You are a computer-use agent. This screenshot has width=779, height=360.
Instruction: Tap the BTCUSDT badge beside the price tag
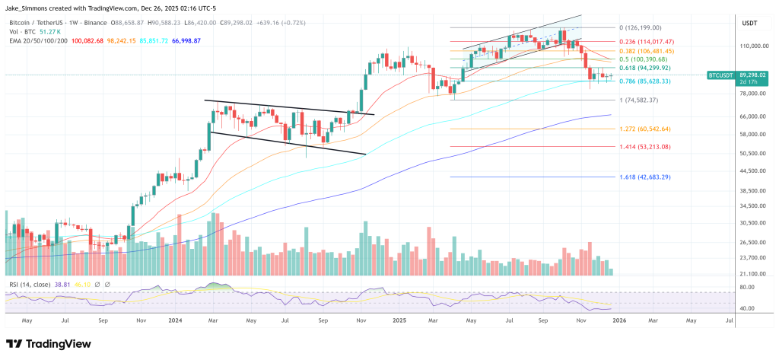(721, 75)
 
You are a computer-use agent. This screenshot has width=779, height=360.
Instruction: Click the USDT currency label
(749, 24)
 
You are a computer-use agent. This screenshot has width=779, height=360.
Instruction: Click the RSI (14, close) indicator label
(30, 283)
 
